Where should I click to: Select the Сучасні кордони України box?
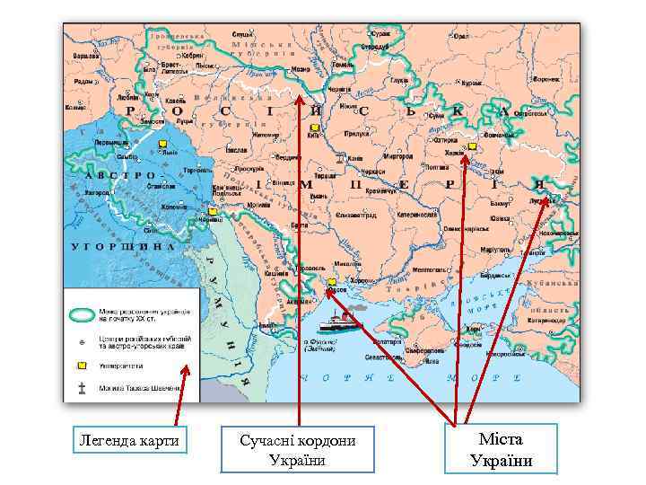pos(298,449)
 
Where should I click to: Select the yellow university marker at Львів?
pos(162,144)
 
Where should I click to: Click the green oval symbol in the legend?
pos(82,314)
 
